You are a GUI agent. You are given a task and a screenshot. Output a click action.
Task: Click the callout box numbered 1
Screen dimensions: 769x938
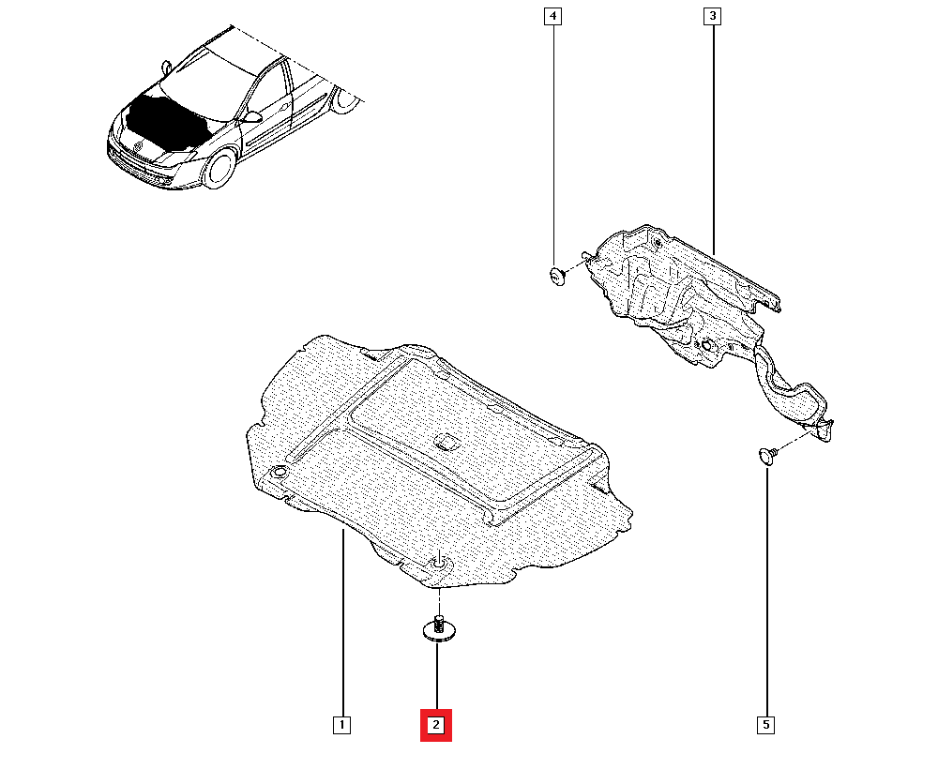click(341, 725)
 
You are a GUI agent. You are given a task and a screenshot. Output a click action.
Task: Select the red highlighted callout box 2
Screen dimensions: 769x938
click(436, 725)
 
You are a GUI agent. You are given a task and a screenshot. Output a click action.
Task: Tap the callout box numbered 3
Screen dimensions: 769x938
click(713, 17)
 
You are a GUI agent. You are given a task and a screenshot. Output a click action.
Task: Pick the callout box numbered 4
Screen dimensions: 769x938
click(553, 17)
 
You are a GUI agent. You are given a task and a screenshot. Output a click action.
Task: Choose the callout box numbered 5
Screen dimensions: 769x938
click(766, 725)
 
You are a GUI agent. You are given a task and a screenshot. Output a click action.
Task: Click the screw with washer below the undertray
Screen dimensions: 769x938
click(437, 629)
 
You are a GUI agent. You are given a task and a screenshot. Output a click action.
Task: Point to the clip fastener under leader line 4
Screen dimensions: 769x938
click(556, 275)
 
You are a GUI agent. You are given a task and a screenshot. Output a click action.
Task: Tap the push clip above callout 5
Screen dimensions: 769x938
click(766, 456)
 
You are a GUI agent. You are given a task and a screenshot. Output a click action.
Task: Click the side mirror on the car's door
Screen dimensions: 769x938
click(251, 118)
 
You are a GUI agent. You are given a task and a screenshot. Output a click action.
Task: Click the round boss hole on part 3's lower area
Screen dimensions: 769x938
click(705, 349)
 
